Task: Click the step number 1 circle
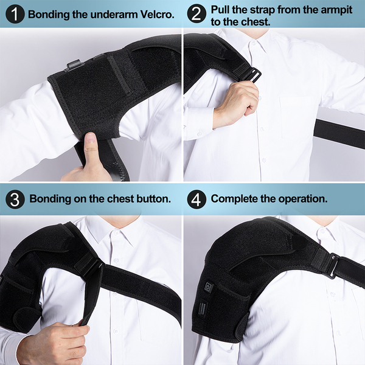pyautogui.click(x=15, y=14)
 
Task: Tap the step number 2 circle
pyautogui.click(x=196, y=14)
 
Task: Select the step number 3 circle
pyautogui.click(x=15, y=199)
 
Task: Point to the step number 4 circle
pyautogui.click(x=196, y=199)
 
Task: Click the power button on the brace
pyautogui.click(x=208, y=287)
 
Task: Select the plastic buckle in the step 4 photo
pyautogui.click(x=333, y=265)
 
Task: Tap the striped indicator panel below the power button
pyautogui.click(x=203, y=308)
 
